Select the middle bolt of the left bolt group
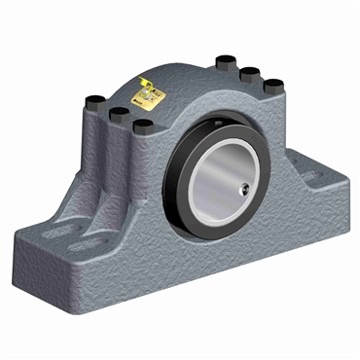pyautogui.click(x=120, y=115)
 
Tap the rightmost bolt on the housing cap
pyautogui.click(x=273, y=85)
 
